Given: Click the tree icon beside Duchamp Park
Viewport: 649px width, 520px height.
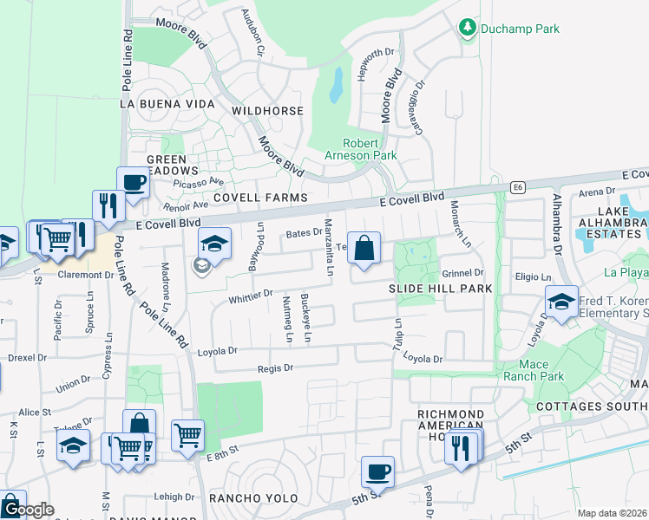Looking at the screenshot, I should point(468,29).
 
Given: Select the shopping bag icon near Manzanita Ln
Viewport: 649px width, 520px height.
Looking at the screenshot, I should point(364,248).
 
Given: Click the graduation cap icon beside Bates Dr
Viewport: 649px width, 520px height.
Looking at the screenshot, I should point(213,243).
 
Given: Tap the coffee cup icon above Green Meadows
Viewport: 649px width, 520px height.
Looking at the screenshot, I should point(133,183).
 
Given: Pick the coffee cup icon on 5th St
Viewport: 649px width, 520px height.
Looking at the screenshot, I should point(377,472).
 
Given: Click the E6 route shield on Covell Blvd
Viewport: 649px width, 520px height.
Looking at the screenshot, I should point(518,186).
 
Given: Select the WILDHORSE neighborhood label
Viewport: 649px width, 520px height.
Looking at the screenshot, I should point(267,111).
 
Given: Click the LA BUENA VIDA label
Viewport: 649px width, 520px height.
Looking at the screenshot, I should point(167,104).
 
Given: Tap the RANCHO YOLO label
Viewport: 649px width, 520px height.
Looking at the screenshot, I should point(252,498).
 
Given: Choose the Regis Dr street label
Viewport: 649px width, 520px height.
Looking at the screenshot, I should point(276,367).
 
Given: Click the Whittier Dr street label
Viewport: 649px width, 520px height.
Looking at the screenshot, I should point(252,296).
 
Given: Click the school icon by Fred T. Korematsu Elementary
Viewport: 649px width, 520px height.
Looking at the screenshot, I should point(561,302).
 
